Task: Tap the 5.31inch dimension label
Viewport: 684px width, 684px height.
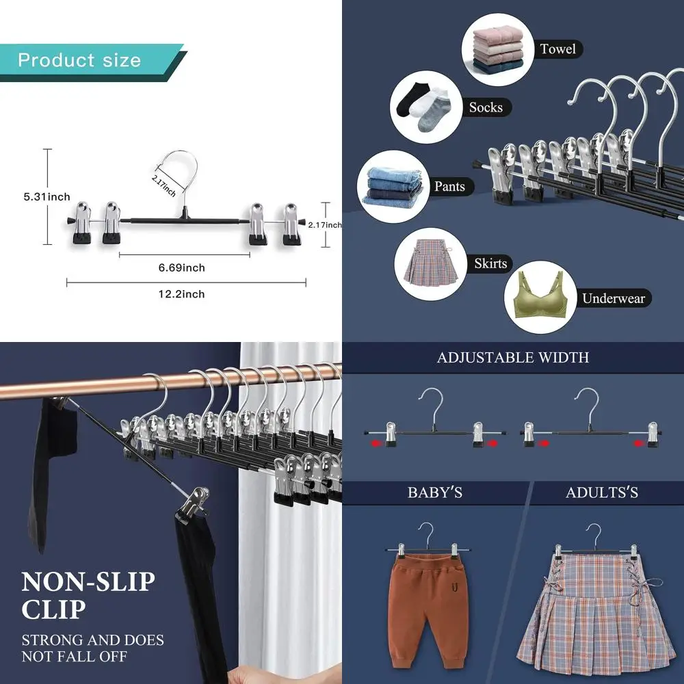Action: tap(47, 197)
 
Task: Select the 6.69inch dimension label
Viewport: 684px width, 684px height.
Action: tap(181, 267)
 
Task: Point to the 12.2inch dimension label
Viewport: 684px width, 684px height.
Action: tap(181, 294)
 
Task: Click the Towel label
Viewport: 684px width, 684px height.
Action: tap(557, 49)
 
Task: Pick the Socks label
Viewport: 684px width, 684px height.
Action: tap(486, 107)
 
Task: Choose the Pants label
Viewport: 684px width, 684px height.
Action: tap(449, 186)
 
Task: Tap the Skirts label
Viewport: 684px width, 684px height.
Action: tap(490, 263)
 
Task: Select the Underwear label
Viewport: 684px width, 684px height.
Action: tap(613, 298)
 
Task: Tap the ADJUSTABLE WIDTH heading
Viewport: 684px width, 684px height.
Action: tap(513, 358)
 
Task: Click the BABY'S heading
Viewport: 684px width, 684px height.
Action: tap(436, 492)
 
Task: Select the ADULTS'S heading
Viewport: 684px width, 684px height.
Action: tap(602, 492)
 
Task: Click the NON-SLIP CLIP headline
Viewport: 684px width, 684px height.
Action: tap(88, 595)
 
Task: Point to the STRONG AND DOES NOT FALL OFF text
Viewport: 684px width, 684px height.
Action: tap(92, 648)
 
